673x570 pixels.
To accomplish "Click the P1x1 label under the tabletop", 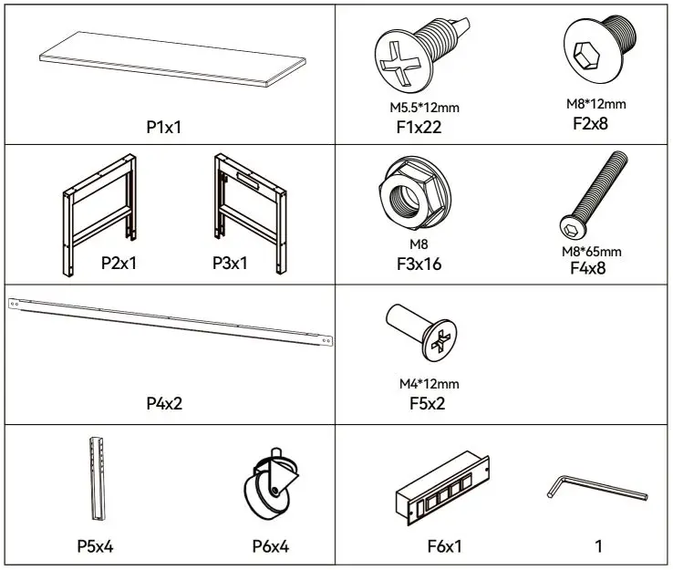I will [x=164, y=127].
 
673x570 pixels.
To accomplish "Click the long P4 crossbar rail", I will [x=169, y=322].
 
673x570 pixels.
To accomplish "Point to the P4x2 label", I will [x=164, y=402].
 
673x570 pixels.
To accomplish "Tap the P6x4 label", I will [x=270, y=547].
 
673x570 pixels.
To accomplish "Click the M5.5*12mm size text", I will [x=419, y=108].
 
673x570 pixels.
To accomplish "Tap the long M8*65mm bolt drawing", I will [x=594, y=194].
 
